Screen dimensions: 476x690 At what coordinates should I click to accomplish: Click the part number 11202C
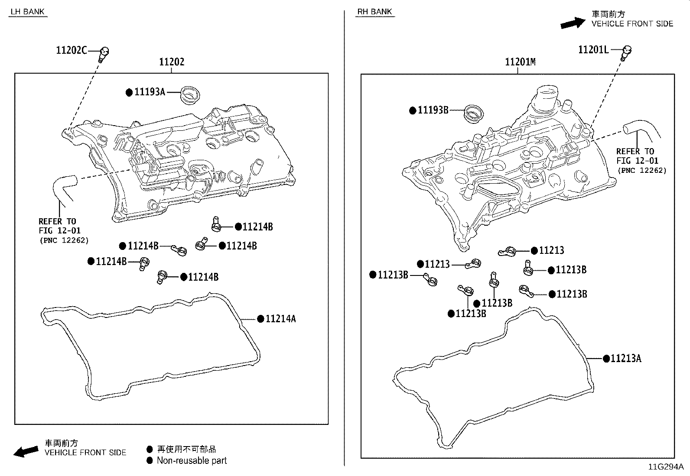coord(72,50)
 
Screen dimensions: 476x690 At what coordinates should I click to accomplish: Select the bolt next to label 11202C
coord(104,54)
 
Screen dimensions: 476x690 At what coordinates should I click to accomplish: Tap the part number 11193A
coord(150,92)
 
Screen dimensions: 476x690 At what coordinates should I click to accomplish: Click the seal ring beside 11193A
coord(189,95)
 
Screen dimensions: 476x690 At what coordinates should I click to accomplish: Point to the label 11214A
coord(280,319)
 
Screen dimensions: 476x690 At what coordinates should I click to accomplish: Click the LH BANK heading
coord(28,12)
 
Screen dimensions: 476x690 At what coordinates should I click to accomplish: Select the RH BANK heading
coord(375,12)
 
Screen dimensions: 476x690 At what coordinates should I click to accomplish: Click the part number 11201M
coord(520,62)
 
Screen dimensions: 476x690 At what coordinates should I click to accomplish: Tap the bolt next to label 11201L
coord(626,52)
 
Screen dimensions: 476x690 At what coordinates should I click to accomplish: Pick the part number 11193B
coord(433,110)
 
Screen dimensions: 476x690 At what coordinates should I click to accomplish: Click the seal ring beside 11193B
coord(473,113)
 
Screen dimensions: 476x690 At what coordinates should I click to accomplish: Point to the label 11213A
coord(626,359)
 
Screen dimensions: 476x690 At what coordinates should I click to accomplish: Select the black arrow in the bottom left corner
coord(26,451)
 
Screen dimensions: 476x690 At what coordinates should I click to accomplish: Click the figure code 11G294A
coord(666,467)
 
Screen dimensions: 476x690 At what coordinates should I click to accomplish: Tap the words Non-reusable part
coord(192,460)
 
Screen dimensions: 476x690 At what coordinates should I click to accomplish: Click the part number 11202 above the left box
coord(172,62)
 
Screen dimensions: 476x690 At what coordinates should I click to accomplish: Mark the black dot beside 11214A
coord(260,319)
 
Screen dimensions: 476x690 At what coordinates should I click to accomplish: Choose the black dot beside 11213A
coord(606,359)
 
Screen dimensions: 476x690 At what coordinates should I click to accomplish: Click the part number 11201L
coord(593,50)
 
